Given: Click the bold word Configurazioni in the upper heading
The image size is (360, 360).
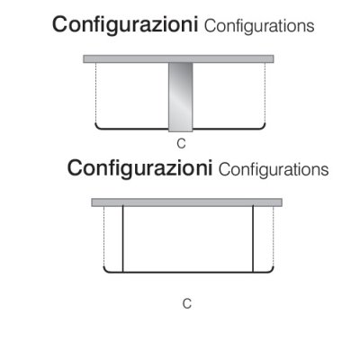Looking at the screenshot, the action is click(125, 25).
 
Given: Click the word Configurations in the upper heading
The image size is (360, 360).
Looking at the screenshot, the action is click(259, 26).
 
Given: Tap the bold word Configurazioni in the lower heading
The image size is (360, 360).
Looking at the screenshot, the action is click(139, 169).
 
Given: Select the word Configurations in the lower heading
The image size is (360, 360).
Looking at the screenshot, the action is click(274, 170).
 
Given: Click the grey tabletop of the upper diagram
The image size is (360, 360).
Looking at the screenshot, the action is click(178, 58).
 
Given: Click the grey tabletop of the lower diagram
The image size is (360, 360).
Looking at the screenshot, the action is click(186, 202).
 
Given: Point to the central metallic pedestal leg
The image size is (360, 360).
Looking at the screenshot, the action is click(180, 97).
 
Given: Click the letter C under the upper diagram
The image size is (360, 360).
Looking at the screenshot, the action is click(181, 144).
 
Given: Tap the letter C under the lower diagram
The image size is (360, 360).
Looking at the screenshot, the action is click(187, 304).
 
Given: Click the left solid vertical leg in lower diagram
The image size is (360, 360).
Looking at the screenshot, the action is click(123, 239).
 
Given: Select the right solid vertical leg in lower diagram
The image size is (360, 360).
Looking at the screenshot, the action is click(253, 239).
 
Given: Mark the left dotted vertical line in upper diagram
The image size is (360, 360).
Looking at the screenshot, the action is click(95, 93).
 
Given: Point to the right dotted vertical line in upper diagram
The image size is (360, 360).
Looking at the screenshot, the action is click(265, 93).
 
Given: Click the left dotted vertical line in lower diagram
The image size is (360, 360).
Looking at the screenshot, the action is click(103, 237).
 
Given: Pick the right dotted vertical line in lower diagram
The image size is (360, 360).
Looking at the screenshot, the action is click(274, 237).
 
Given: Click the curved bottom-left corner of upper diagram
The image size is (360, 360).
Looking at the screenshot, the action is click(97, 127).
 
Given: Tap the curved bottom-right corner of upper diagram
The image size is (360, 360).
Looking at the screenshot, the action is click(264, 127).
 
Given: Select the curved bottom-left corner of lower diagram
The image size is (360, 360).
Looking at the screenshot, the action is click(105, 271).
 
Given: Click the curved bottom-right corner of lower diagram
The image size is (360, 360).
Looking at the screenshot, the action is click(272, 271).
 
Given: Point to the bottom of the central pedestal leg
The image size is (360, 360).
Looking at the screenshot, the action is click(180, 131).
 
